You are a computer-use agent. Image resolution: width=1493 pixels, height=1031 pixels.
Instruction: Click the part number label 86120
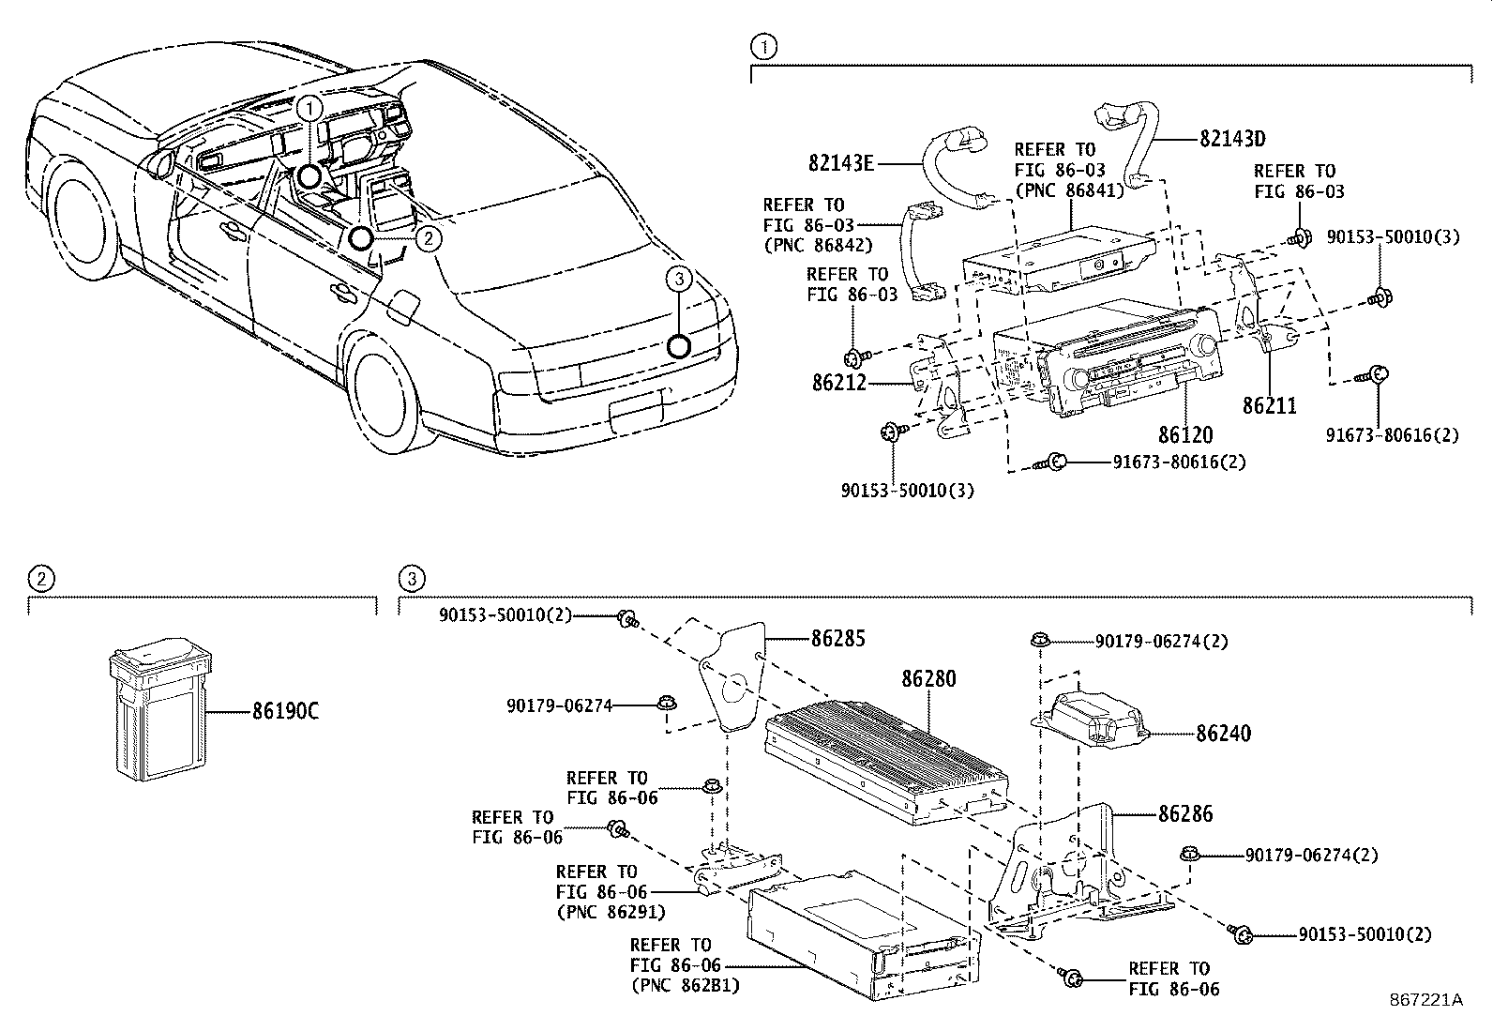point(1184,435)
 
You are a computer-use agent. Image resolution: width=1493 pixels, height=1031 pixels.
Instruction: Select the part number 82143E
point(841,163)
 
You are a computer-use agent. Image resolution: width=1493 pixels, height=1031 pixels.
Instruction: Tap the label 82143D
point(1232,139)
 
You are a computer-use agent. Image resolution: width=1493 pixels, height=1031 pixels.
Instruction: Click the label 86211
point(1270,405)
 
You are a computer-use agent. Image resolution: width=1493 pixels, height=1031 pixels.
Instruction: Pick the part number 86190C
point(285,711)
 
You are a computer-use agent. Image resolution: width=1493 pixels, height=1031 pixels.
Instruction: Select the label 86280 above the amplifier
point(928,677)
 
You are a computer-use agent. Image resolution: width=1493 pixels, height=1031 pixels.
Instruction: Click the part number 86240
point(1223,734)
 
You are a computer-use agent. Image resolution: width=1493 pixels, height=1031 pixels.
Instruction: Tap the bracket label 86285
point(837,639)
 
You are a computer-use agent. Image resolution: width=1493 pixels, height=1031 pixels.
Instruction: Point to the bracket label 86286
point(1185,814)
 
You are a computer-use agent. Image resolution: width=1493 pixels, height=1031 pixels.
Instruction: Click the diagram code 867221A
point(1425,999)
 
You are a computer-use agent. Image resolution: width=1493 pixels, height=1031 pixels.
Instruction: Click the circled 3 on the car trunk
point(679,278)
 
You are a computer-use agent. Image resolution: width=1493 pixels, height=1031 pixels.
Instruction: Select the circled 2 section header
point(40,579)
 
